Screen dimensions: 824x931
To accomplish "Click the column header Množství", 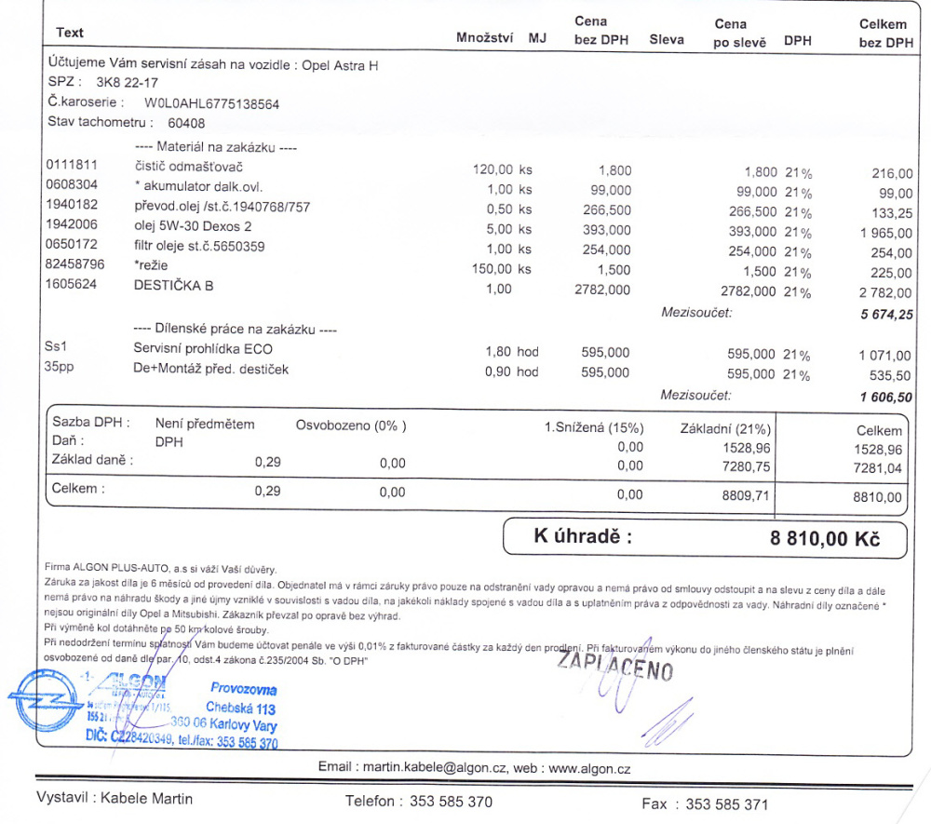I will (487, 39).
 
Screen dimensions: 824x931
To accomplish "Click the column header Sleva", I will (666, 39).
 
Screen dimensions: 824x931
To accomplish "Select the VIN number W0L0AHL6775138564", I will (211, 103).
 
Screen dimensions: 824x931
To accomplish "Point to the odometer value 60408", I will (186, 123).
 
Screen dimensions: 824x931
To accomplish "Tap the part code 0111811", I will (72, 166).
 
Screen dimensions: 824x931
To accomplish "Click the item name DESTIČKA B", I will (173, 285).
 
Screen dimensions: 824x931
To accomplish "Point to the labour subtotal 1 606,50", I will (887, 397).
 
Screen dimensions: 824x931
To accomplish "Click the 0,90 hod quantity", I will (511, 371).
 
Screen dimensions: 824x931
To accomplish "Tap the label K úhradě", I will (582, 536).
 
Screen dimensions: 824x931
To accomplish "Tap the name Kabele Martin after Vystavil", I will (147, 798).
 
